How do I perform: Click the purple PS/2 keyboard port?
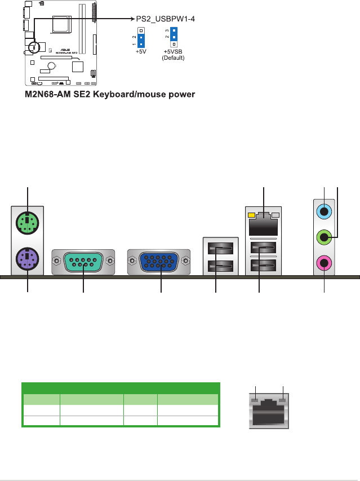click(28, 261)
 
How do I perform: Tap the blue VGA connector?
click(159, 262)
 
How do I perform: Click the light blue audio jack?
click(325, 212)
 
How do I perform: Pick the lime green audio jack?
click(325, 237)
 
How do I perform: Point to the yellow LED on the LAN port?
click(251, 215)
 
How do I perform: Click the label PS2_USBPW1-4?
click(167, 18)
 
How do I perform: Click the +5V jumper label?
click(141, 51)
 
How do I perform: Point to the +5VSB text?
click(173, 51)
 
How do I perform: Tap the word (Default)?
click(173, 58)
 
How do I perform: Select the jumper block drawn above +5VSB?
click(175, 37)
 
